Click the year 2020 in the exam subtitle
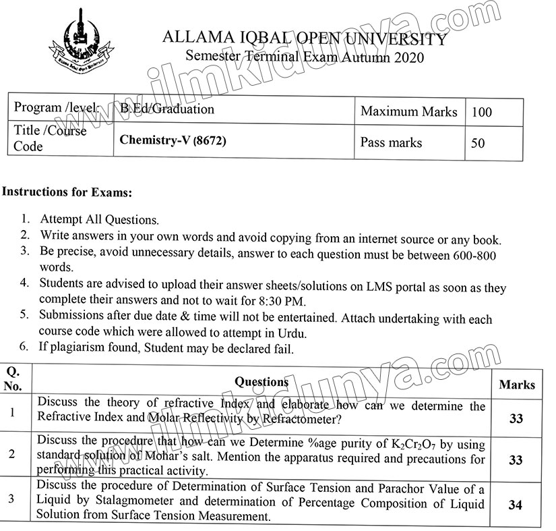(x=405, y=57)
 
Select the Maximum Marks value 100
(x=482, y=112)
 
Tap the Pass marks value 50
(x=478, y=143)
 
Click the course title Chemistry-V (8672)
(x=172, y=141)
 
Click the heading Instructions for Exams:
(x=67, y=192)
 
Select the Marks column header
(x=517, y=385)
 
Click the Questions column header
(x=261, y=382)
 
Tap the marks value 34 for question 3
(x=516, y=504)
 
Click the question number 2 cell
(x=12, y=453)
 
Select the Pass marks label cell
(x=391, y=142)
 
